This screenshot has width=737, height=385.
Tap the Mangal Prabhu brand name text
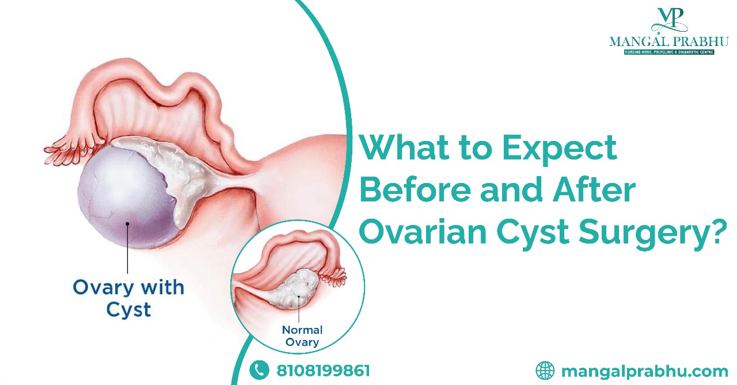[669, 41]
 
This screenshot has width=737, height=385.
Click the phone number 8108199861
[323, 370]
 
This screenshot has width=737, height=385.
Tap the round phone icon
[259, 370]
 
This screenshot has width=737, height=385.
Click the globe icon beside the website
[545, 370]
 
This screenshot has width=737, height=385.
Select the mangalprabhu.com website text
[644, 371]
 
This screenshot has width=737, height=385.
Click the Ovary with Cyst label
[128, 298]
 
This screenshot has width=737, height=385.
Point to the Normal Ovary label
[302, 336]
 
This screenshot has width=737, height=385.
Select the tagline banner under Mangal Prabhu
[669, 52]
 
